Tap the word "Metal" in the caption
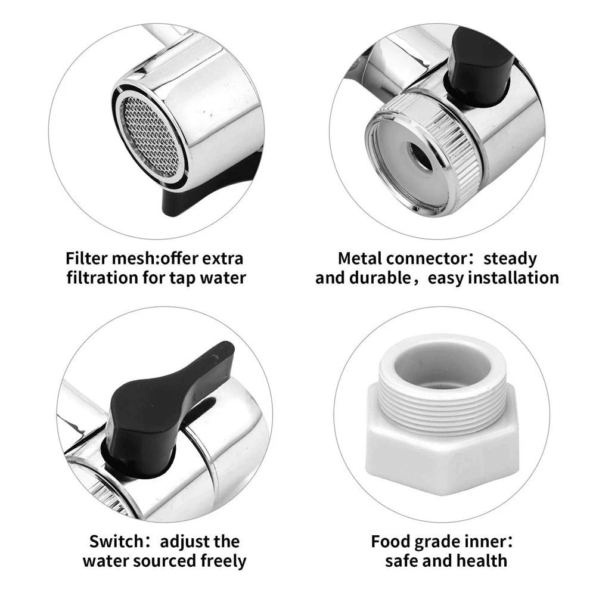click(x=359, y=259)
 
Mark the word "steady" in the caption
click(x=510, y=259)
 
